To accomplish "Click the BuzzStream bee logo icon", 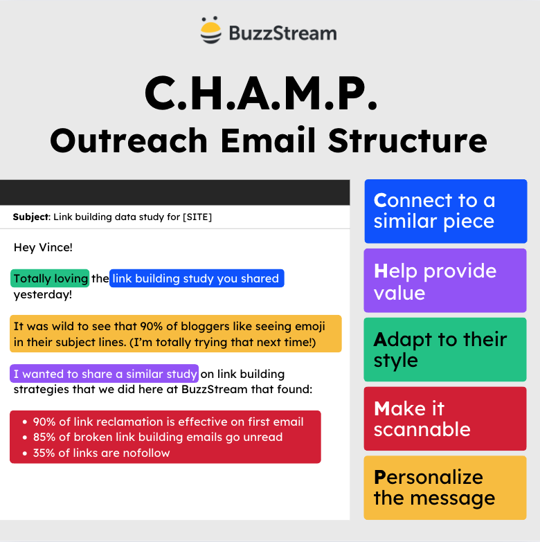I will pos(211,32).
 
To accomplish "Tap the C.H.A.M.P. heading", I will pos(261,93).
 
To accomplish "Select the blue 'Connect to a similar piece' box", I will pos(445,211).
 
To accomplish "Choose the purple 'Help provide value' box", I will pos(445,281).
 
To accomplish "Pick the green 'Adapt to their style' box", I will pos(445,350).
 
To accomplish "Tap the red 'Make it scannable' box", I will pos(445,419).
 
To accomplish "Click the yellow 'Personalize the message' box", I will pos(445,487).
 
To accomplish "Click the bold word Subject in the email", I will pos(31,217).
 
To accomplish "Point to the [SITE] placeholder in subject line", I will pos(197,217).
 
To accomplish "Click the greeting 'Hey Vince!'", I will pos(43,247).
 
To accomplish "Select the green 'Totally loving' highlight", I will pos(50,278).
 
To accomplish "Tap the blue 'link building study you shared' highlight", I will pos(196,278).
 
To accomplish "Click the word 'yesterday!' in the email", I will pos(42,294).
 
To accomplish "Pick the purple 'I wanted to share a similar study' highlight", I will pos(105,374).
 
